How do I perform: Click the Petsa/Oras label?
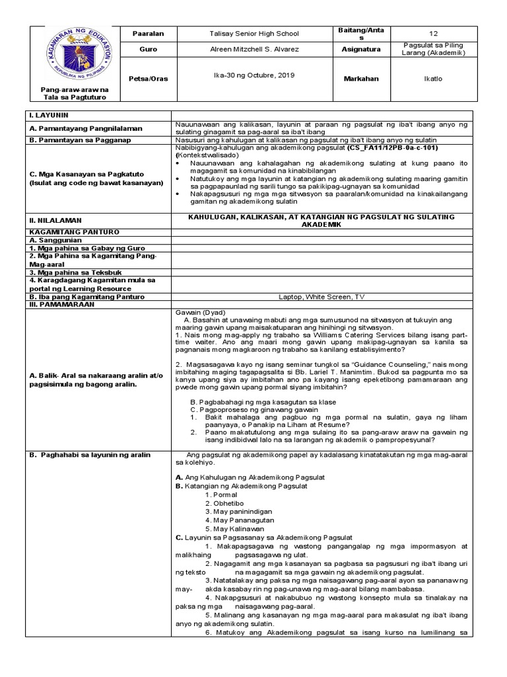(x=150, y=79)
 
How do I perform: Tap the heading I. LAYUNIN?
(x=45, y=115)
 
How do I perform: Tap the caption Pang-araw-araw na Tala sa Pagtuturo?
(x=73, y=93)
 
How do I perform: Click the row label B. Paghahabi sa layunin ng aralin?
(x=89, y=454)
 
